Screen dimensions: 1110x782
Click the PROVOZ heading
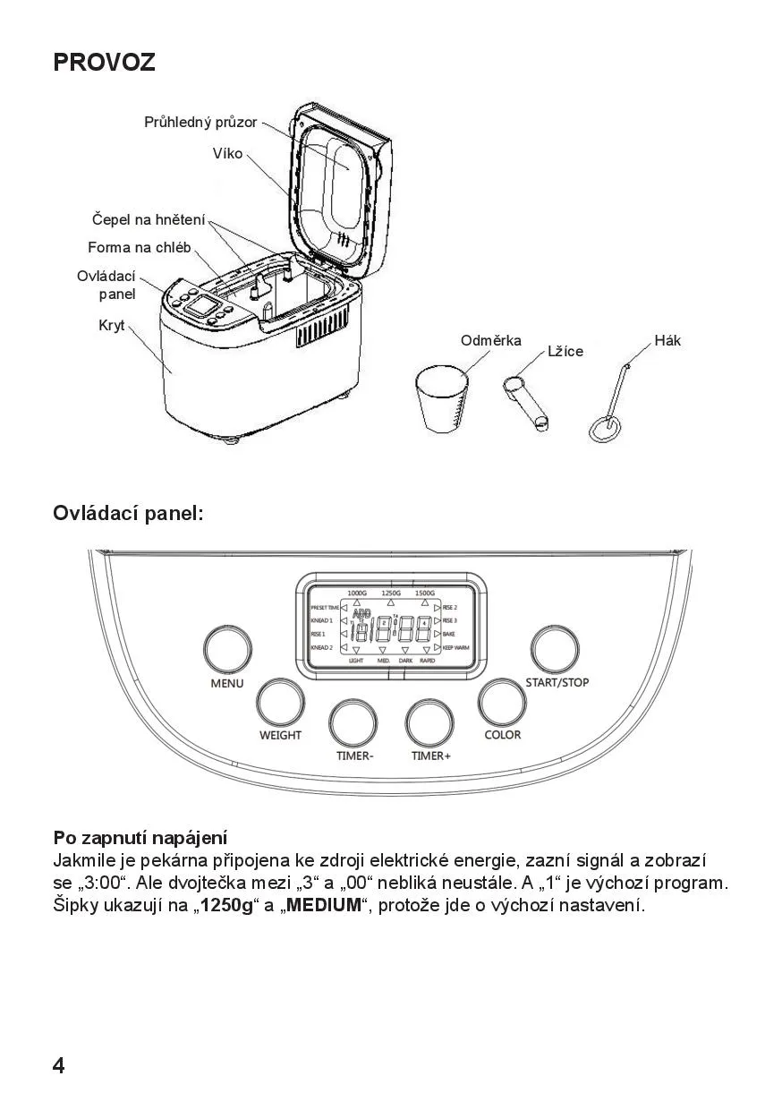click(x=104, y=63)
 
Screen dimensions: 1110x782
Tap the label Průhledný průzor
click(x=200, y=122)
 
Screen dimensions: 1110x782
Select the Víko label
click(x=227, y=154)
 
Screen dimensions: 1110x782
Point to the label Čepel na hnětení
click(x=149, y=219)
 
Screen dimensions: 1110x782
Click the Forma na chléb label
click(x=139, y=247)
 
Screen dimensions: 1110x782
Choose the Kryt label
click(x=112, y=326)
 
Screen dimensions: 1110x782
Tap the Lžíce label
click(x=565, y=352)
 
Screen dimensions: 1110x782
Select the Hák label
click(x=667, y=340)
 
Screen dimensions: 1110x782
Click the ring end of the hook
click(x=605, y=428)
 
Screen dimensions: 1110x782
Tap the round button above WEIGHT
click(x=280, y=702)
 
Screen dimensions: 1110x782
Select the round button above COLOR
click(x=502, y=702)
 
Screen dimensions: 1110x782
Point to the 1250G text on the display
click(x=391, y=593)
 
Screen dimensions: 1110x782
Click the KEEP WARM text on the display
click(x=456, y=646)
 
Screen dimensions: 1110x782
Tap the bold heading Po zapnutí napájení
click(x=140, y=839)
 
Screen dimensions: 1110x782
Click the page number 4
click(x=59, y=1065)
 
